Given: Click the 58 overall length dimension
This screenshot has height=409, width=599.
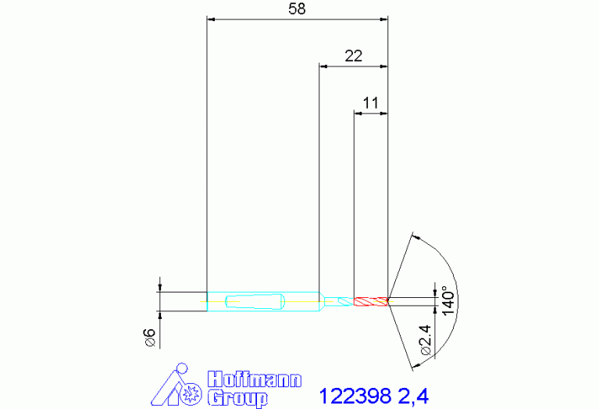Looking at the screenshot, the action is pos(298,9).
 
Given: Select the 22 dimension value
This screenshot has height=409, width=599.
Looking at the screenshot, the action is pos(353,56).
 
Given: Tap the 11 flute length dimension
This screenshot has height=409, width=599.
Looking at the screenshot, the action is pos(370,103).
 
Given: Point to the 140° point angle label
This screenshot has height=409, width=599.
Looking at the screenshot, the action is pos(448,301).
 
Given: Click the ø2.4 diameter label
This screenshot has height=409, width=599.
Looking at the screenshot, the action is pos(425,340).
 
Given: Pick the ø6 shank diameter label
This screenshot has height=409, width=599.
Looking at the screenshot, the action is pos(150,338).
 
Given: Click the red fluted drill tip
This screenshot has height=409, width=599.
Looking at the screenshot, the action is pos(371,302).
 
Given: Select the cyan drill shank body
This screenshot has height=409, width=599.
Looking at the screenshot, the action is pos(263,302).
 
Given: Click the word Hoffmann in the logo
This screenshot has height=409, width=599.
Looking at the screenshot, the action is pos(255,379).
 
